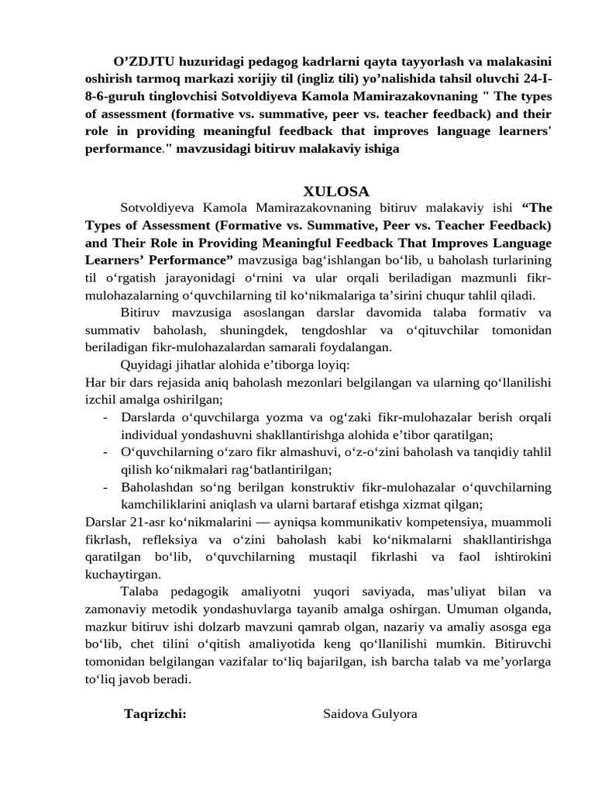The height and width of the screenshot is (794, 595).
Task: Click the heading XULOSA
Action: point(335,191)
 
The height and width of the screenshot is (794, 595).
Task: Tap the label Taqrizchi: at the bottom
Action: point(155,713)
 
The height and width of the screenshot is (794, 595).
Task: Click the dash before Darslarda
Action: point(105,417)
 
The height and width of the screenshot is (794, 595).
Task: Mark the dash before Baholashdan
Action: point(105,488)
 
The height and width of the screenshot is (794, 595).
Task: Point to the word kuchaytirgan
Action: point(123,575)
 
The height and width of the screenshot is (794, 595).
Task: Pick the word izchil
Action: point(101,400)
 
